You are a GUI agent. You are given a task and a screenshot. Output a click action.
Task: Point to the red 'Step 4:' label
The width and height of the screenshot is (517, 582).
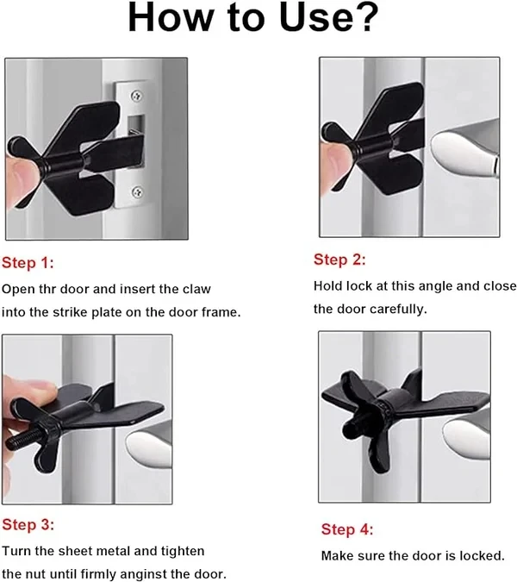[x=347, y=529]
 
